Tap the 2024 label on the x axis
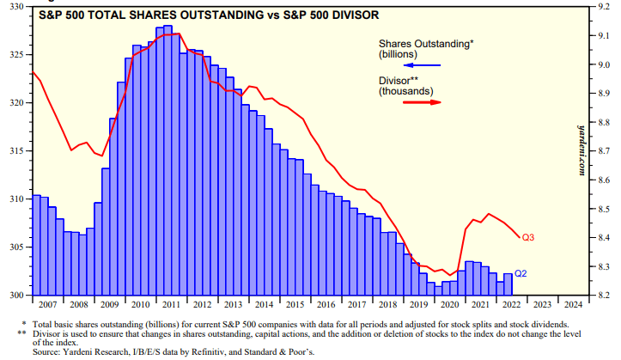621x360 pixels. pos(569,303)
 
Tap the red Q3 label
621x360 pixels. pos(528,237)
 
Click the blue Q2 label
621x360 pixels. pos(521,274)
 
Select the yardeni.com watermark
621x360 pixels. pos(581,146)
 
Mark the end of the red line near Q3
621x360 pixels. pos(517,237)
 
